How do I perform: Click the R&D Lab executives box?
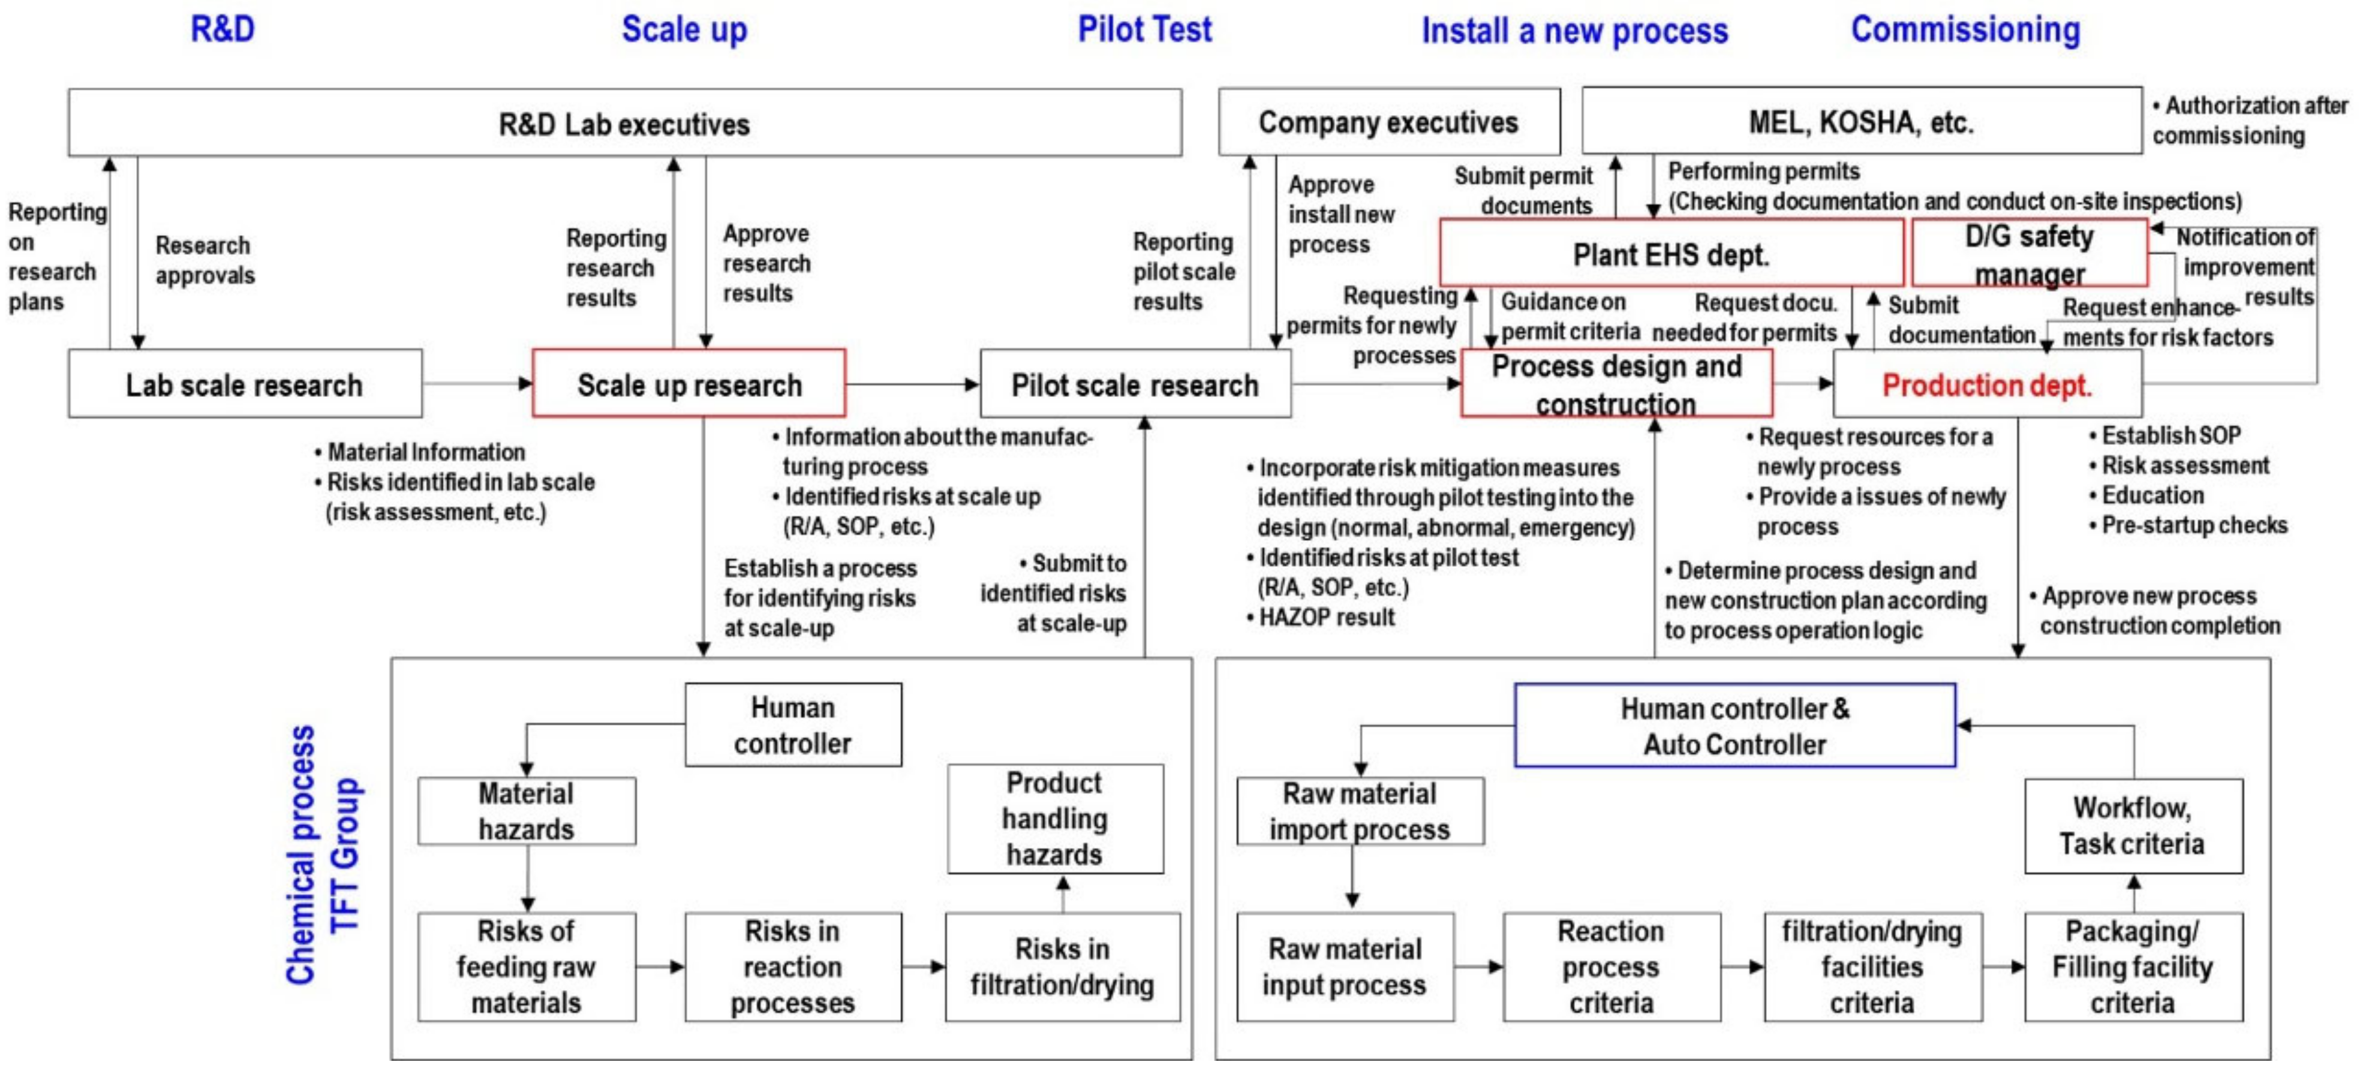point(624,123)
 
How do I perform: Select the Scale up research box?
point(689,383)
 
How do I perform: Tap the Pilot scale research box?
point(1135,383)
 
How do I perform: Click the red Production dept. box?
point(1987,383)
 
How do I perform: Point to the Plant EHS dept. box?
point(1670,253)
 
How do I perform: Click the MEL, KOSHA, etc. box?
point(1861,121)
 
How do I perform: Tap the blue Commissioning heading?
point(1965,29)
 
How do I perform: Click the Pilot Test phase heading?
point(1144,29)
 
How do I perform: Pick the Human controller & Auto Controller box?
point(1734,726)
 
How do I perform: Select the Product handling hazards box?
point(1055,819)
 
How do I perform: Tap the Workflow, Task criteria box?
point(2133,826)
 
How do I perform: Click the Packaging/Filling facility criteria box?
point(2133,967)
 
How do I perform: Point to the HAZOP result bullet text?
point(1325,618)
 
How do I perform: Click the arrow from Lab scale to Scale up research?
point(477,383)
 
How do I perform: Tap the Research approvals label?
point(204,260)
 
